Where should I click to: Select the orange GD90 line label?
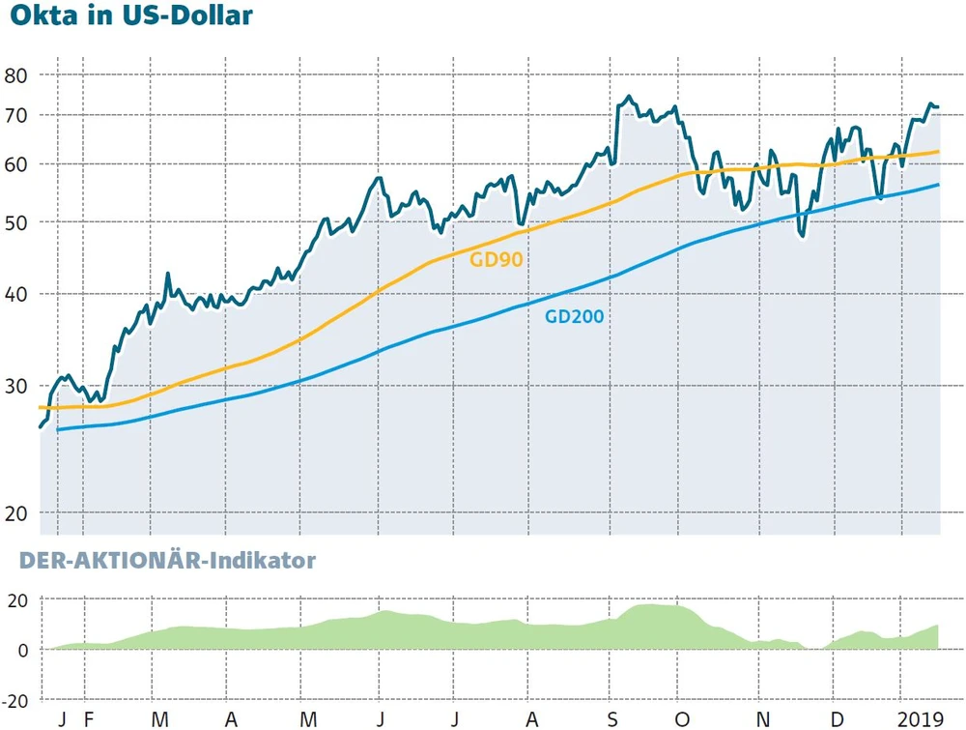click(496, 259)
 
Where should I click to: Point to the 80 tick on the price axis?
click(17, 74)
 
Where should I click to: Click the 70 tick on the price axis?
click(17, 115)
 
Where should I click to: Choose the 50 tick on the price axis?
click(17, 222)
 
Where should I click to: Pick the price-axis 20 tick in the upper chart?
click(17, 512)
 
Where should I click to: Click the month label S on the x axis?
click(611, 720)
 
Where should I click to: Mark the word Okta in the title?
click(38, 17)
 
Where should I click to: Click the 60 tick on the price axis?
click(17, 164)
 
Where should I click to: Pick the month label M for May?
click(306, 720)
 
